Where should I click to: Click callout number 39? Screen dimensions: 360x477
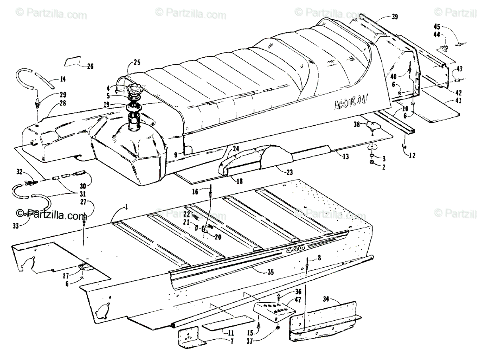tap(394, 16)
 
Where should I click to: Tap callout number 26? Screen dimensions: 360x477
tap(90, 66)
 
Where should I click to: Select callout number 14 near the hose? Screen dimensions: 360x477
tap(62, 79)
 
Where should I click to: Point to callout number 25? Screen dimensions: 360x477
tap(137, 62)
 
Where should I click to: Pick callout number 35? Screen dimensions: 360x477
tap(271, 272)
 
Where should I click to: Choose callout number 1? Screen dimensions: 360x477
tap(126, 207)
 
